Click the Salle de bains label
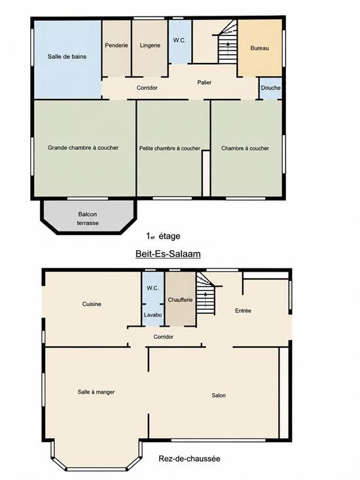point(67,56)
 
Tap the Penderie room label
point(117,45)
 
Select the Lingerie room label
point(150,45)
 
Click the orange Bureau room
point(260,48)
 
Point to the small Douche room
point(270,88)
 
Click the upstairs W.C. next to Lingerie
point(180,42)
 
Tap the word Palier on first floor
point(204,83)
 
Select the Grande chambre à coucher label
point(83,148)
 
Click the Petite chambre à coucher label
point(170,149)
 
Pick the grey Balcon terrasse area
point(88,216)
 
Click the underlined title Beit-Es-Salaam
point(168,254)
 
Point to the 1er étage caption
point(164,236)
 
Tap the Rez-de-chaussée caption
point(189,458)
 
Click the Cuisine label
point(92,304)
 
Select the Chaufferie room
point(180,299)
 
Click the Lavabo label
point(153,315)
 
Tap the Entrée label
point(243,310)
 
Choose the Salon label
point(219,396)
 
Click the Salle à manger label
point(96,392)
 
